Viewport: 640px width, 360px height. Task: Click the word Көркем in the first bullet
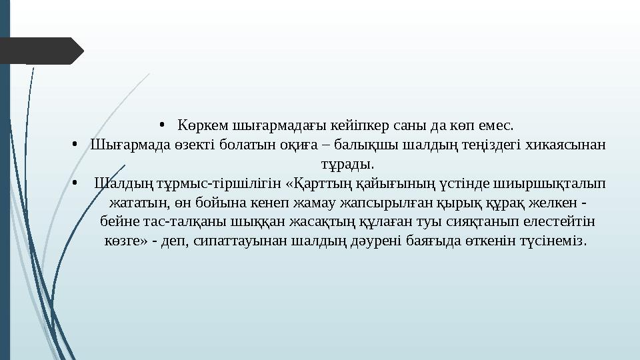[x=203, y=125]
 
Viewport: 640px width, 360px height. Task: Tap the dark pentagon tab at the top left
[x=40, y=51]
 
